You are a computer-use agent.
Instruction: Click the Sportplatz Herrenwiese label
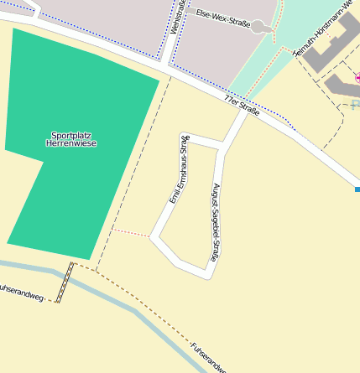(x=74, y=139)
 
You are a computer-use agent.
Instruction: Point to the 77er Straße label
(x=242, y=106)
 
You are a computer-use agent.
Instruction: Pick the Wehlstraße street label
(x=178, y=17)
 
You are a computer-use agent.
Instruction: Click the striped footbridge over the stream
(x=65, y=282)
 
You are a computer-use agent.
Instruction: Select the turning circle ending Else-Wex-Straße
(x=267, y=28)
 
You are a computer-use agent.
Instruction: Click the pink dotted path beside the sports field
(x=130, y=232)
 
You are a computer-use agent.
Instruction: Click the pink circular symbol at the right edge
(x=358, y=78)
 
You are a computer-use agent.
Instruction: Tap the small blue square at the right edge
(x=357, y=190)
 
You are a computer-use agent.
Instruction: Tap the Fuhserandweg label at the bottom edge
(x=206, y=356)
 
